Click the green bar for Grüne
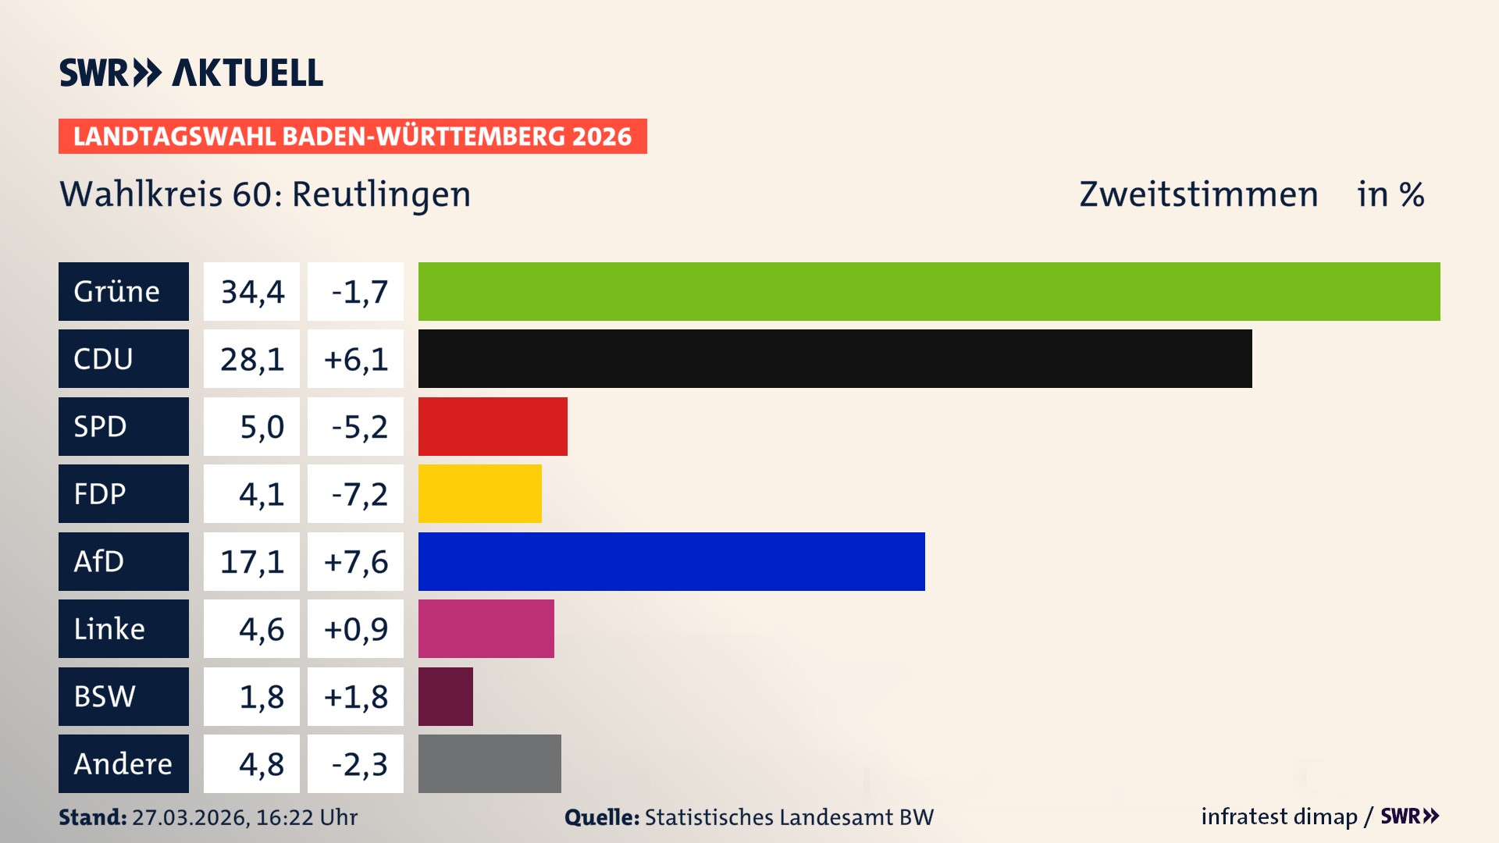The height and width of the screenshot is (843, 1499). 929,291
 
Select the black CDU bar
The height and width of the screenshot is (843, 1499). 835,358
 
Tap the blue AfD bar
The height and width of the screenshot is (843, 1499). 671,561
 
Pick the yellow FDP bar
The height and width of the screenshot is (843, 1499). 479,493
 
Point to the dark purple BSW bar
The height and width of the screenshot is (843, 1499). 445,696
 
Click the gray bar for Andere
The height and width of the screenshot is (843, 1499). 490,763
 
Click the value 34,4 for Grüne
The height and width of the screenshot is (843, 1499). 251,292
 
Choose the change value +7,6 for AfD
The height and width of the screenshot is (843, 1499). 355,562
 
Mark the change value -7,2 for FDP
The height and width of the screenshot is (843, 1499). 358,494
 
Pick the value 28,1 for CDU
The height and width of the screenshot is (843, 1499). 251,359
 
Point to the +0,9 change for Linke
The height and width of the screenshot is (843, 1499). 355,629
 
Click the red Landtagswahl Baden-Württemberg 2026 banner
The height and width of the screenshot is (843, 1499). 352,136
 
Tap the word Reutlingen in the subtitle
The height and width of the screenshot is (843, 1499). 381,194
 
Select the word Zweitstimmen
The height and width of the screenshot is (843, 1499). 1198,194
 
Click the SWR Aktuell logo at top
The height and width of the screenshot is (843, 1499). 191,73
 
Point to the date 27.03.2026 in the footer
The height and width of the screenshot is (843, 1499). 190,817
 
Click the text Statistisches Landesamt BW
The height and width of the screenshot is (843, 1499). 789,817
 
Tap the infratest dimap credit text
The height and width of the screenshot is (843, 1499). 1279,816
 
